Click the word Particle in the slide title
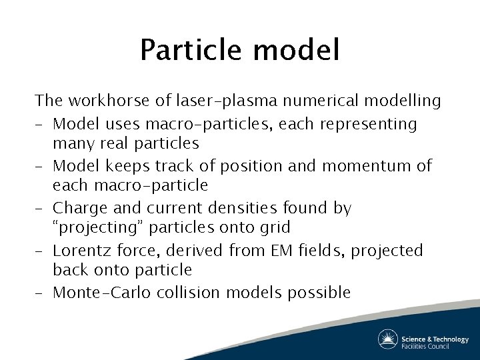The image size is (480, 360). tap(189, 51)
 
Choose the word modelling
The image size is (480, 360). tap(403, 101)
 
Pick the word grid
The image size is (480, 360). tap(275, 227)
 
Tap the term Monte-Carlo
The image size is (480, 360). tap(100, 292)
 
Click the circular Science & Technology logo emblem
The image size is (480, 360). tap(387, 339)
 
